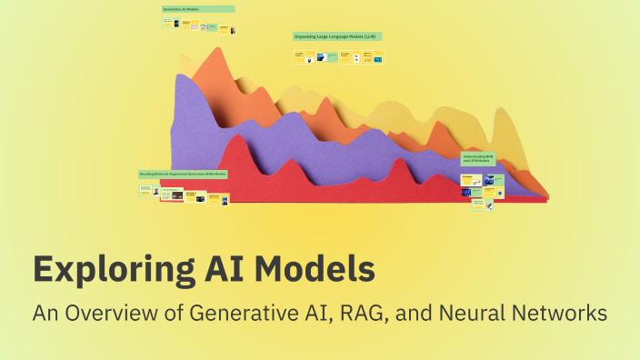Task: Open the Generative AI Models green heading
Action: pos(198,9)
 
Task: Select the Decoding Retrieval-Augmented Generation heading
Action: pos(183,173)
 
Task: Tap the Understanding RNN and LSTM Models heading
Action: pos(478,158)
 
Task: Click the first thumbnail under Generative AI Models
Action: pos(170,24)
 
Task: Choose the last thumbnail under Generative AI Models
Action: pos(233,30)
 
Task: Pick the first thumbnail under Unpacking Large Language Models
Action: pos(298,56)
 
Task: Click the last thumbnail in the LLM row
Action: pos(377,58)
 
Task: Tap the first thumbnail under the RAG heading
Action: pos(145,190)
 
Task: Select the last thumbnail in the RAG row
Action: pos(224,197)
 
